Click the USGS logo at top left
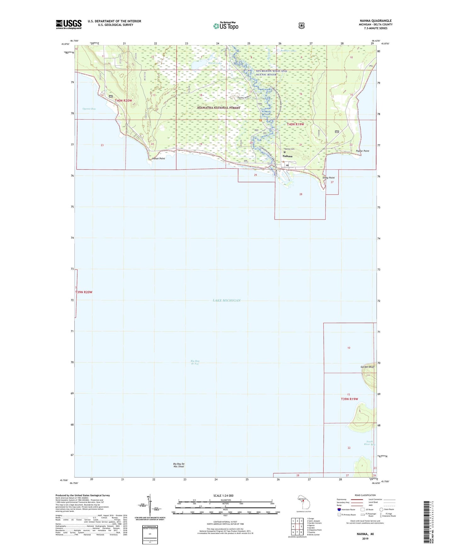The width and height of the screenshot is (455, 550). [x=69, y=24]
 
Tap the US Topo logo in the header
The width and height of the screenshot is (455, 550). [x=225, y=26]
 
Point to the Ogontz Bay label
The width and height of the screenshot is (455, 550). [x=89, y=109]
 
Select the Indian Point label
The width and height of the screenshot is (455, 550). [x=158, y=158]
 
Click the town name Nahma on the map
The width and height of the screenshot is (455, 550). [x=287, y=156]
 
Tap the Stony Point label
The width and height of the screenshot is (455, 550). [x=328, y=178]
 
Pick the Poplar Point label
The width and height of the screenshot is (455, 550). [x=362, y=151]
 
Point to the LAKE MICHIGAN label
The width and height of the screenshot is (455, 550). [x=227, y=300]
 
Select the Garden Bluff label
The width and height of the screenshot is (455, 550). [x=367, y=367]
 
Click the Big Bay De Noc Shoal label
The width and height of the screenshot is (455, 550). [x=179, y=465]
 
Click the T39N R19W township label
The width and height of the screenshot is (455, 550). [x=350, y=399]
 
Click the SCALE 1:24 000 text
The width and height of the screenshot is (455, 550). [x=223, y=496]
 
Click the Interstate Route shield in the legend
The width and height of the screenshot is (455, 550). [x=339, y=509]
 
